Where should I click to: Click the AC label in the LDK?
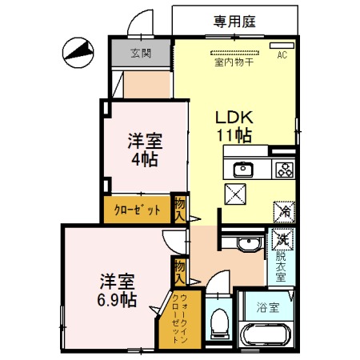tap(282, 55)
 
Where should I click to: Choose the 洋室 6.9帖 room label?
tap(117, 291)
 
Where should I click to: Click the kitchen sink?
tap(242, 169)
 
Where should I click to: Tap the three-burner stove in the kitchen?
tap(284, 169)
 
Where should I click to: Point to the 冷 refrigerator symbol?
tap(284, 211)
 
